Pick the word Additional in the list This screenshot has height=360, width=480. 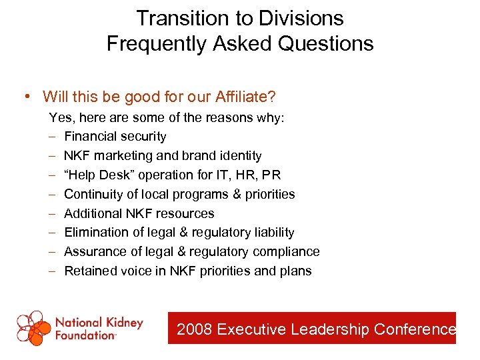click(92, 213)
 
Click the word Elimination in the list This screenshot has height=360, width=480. click(95, 232)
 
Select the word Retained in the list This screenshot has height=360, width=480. click(89, 271)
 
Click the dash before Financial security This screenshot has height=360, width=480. click(53, 136)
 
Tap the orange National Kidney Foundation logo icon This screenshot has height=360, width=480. click(33, 327)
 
